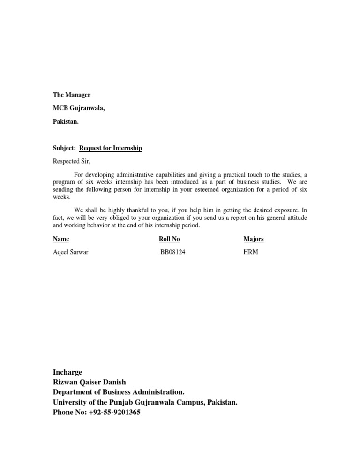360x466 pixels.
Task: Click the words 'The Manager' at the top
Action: click(x=72, y=95)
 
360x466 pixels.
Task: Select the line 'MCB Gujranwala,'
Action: click(x=79, y=108)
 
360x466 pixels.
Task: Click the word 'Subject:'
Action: click(x=65, y=148)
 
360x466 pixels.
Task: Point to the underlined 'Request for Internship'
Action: click(x=111, y=148)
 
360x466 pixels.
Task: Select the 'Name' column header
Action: click(x=61, y=239)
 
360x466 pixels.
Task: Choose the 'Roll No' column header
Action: click(x=169, y=239)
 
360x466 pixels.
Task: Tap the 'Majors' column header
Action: click(x=254, y=239)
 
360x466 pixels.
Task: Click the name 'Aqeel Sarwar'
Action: click(x=71, y=252)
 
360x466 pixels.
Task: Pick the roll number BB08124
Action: click(x=176, y=252)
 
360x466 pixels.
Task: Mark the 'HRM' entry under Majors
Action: click(x=251, y=252)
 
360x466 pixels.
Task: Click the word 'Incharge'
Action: click(x=67, y=372)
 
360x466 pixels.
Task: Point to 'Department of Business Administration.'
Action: click(x=119, y=392)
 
